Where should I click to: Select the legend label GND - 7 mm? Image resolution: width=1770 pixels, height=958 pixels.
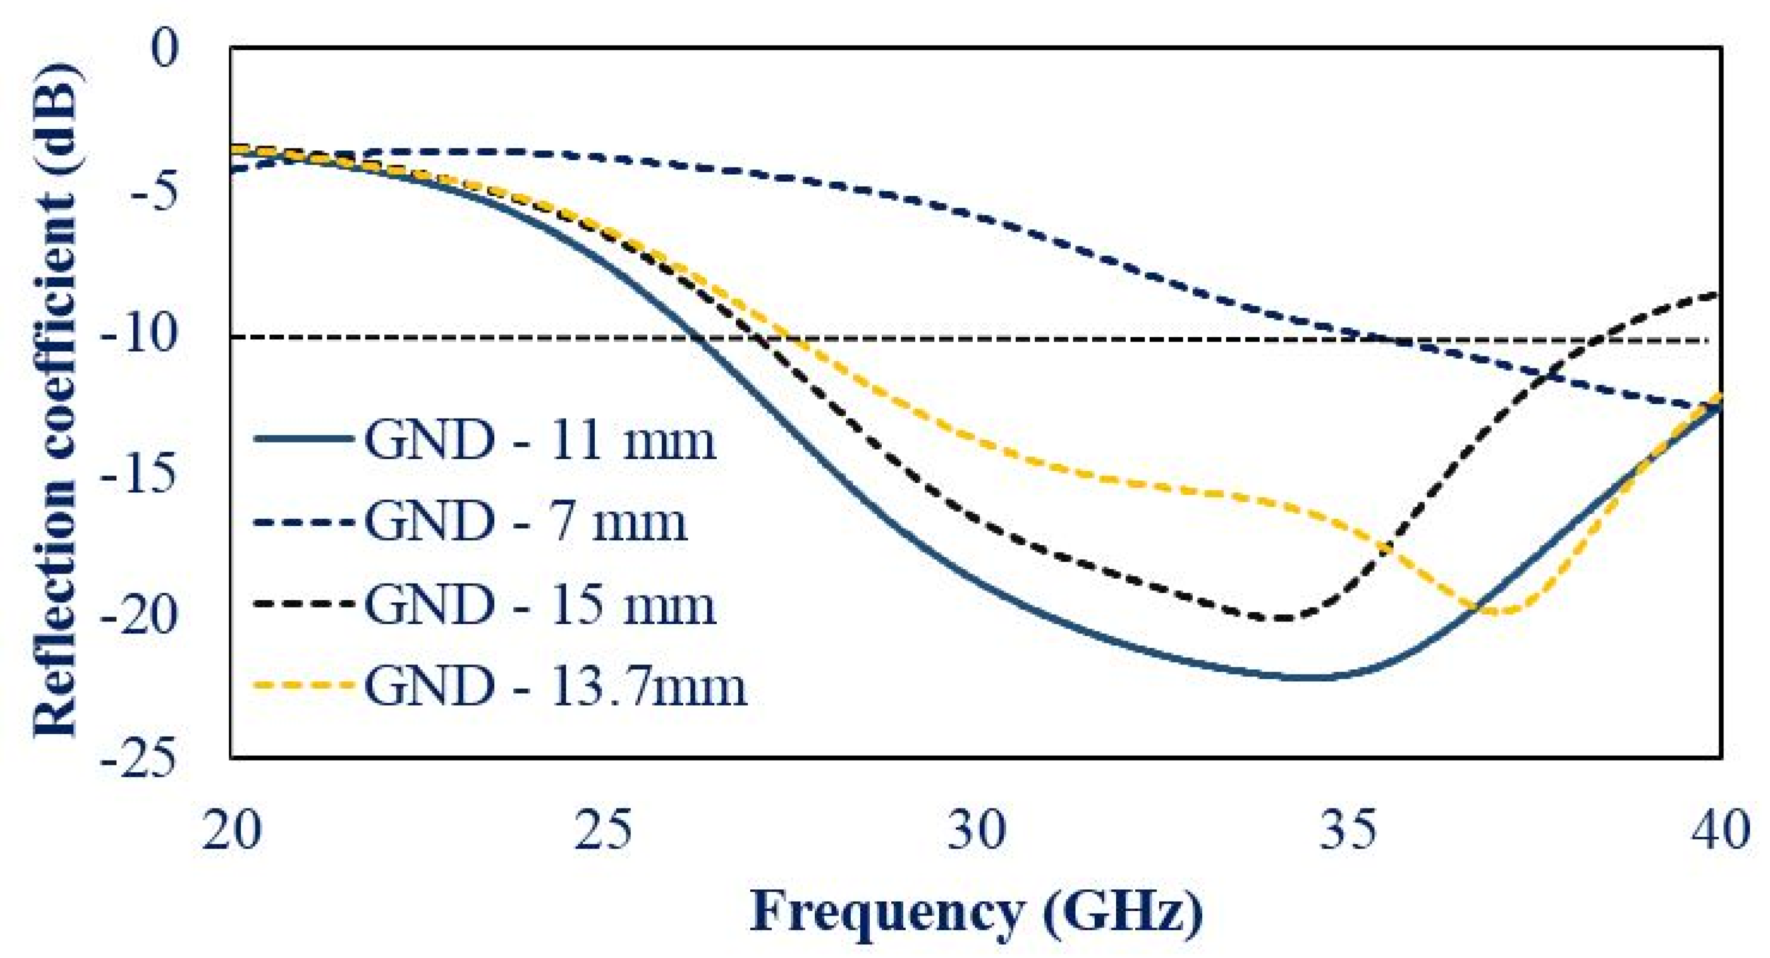[526, 522]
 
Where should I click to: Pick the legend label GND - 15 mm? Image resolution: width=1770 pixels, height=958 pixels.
[540, 605]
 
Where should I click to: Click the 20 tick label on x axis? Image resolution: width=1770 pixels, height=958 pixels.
[231, 831]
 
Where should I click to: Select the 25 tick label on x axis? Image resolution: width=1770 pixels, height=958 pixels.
[603, 831]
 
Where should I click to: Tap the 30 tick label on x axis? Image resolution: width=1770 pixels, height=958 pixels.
[976, 831]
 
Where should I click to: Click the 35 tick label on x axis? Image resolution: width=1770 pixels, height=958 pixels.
[1348, 831]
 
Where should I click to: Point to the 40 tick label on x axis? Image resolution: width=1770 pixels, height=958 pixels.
[1720, 831]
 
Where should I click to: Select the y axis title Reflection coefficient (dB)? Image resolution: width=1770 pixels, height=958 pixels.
[55, 402]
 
